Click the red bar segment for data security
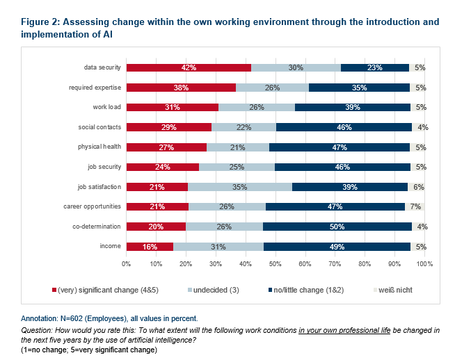[189, 67]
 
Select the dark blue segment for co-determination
[337, 227]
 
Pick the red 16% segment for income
[150, 247]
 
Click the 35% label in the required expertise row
[359, 88]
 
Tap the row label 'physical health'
[99, 147]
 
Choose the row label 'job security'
[104, 167]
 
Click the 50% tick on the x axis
[276, 264]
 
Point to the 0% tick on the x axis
[127, 264]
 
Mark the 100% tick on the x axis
[424, 264]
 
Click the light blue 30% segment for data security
[296, 67]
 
